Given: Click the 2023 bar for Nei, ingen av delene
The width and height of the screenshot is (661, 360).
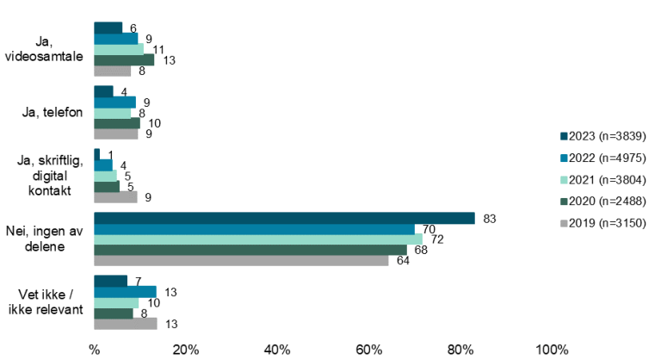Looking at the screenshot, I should click(x=284, y=218).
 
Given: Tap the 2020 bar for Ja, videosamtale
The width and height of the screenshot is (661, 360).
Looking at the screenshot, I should click(x=124, y=59).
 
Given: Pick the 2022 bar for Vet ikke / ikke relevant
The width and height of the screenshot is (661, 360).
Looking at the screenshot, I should click(x=125, y=291).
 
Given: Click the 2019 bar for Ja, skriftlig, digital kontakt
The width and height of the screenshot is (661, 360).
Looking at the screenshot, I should click(x=115, y=197).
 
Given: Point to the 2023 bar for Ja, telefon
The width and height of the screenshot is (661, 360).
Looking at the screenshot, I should click(x=103, y=91).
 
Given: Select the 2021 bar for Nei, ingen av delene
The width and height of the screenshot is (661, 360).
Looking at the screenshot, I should click(x=258, y=239).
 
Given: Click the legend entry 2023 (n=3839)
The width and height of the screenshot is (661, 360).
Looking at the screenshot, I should click(x=602, y=136).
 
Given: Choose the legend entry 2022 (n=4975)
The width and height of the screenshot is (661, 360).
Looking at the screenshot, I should click(x=602, y=158).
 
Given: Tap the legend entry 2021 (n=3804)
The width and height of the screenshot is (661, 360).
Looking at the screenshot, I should click(x=602, y=179).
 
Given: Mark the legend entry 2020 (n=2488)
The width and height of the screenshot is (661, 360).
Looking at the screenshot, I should click(x=602, y=201).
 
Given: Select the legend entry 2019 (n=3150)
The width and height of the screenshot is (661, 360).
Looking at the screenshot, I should click(x=602, y=222).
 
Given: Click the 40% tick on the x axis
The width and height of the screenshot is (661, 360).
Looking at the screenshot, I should click(x=277, y=350).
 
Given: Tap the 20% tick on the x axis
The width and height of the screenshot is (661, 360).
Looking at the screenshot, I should click(x=186, y=350).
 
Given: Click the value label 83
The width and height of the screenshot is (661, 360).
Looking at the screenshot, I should click(x=490, y=219).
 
